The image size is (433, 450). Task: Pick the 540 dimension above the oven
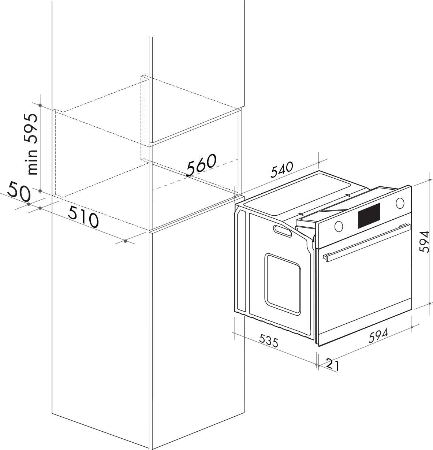click(282, 170)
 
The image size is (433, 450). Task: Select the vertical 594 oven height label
click(425, 241)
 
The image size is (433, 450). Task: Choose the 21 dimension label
click(333, 365)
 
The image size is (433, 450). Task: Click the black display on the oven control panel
click(369, 216)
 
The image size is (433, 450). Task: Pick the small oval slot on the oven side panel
click(282, 231)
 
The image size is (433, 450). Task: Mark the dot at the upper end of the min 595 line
click(40, 105)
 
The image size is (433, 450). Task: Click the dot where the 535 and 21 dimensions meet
click(316, 365)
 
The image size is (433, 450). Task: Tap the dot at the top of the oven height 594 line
click(430, 179)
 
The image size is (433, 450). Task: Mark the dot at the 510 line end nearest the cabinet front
click(125, 241)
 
